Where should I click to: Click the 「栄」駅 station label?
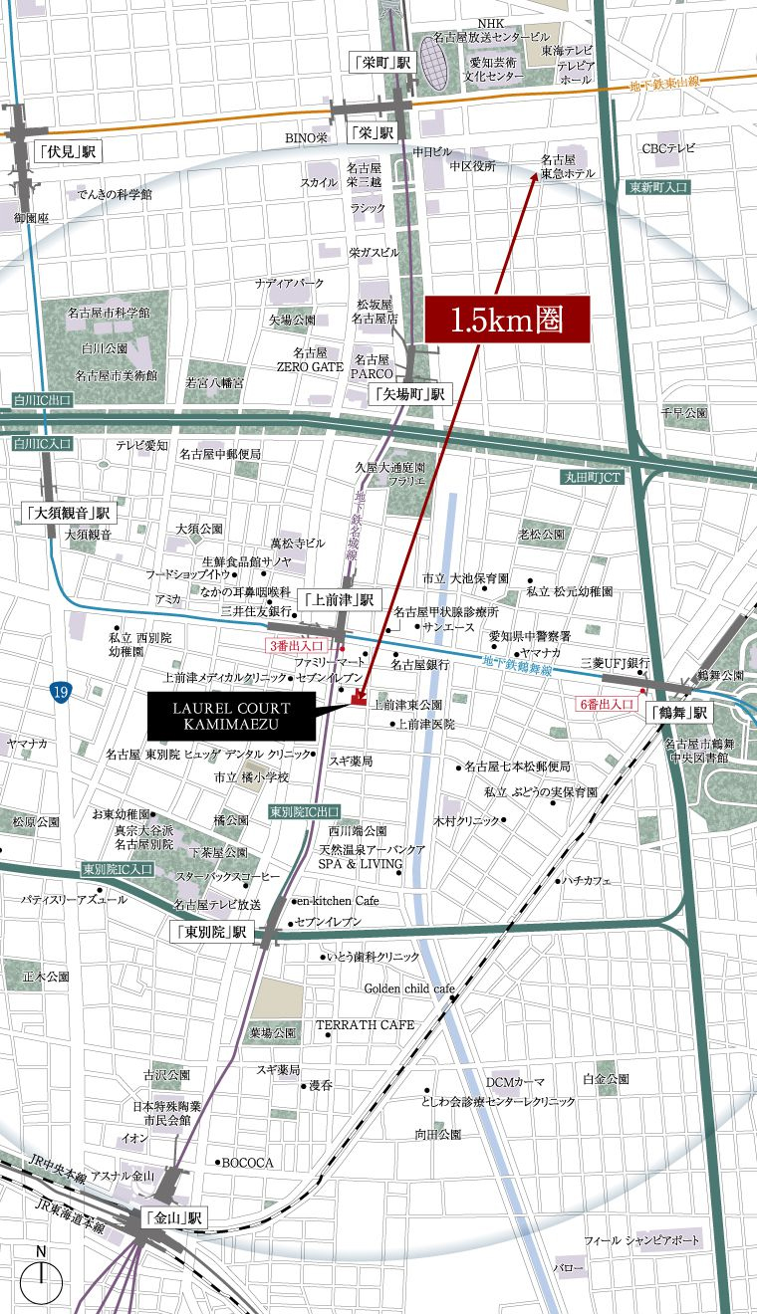(373, 132)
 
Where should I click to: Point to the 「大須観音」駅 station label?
(69, 514)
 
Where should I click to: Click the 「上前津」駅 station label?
(339, 599)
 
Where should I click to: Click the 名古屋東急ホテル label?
(568, 165)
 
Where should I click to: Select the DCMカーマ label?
(515, 1081)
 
